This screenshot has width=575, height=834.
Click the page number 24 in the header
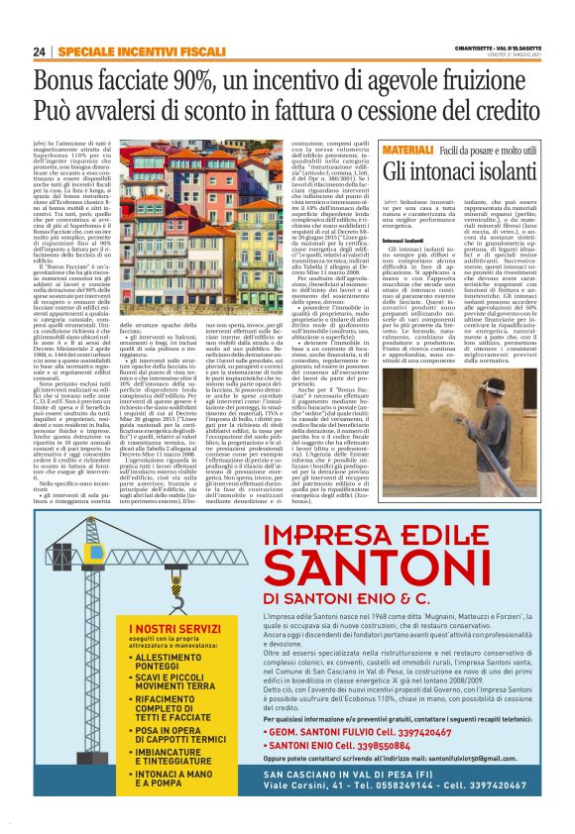point(40,51)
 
